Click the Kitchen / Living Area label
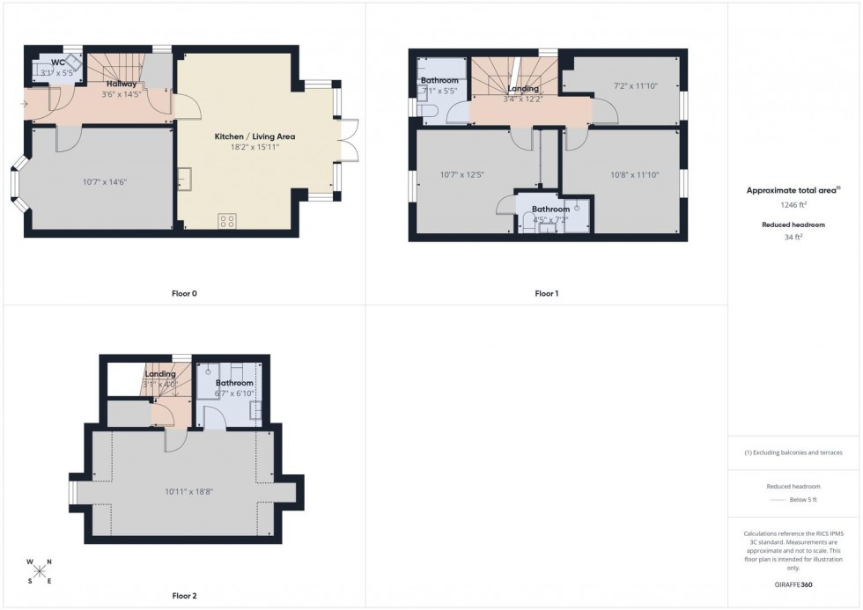(x=254, y=136)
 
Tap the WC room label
(x=58, y=62)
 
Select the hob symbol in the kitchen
(x=227, y=219)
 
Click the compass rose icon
(x=40, y=570)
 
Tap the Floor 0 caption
(x=184, y=293)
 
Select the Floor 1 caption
(x=546, y=293)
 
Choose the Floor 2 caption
(x=183, y=596)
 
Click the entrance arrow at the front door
(x=25, y=104)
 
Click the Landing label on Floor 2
(x=160, y=374)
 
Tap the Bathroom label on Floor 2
(x=235, y=383)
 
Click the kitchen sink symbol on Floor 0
(x=186, y=181)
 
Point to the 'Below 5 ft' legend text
(x=802, y=500)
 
